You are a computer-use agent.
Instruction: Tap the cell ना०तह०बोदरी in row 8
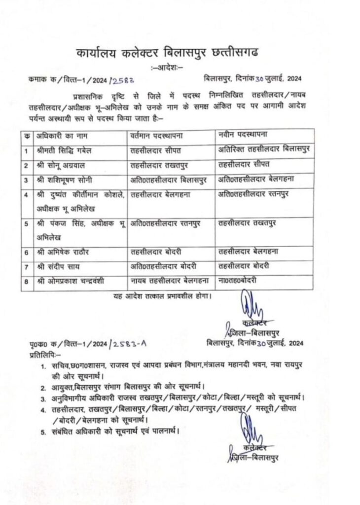pyautogui.click(x=239, y=281)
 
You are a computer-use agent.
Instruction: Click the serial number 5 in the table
pyautogui.click(x=25, y=223)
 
